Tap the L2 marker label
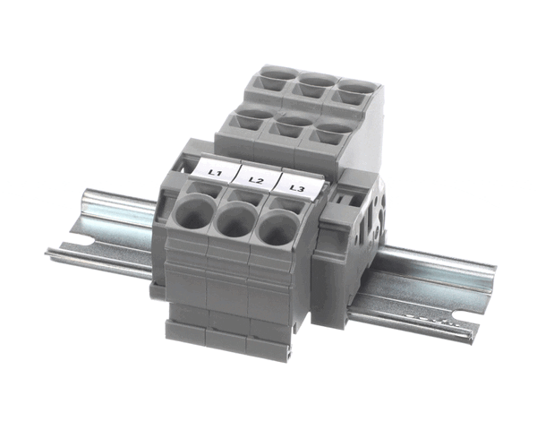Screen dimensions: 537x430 coord(258,178)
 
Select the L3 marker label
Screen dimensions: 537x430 coord(299,186)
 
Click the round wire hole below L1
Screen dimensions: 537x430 coord(194,212)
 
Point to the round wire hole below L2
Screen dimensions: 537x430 coord(236,221)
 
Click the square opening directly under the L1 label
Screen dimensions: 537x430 coord(204,189)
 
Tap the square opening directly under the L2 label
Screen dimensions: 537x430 coord(246,197)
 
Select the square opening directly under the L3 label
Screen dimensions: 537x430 coord(287,206)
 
